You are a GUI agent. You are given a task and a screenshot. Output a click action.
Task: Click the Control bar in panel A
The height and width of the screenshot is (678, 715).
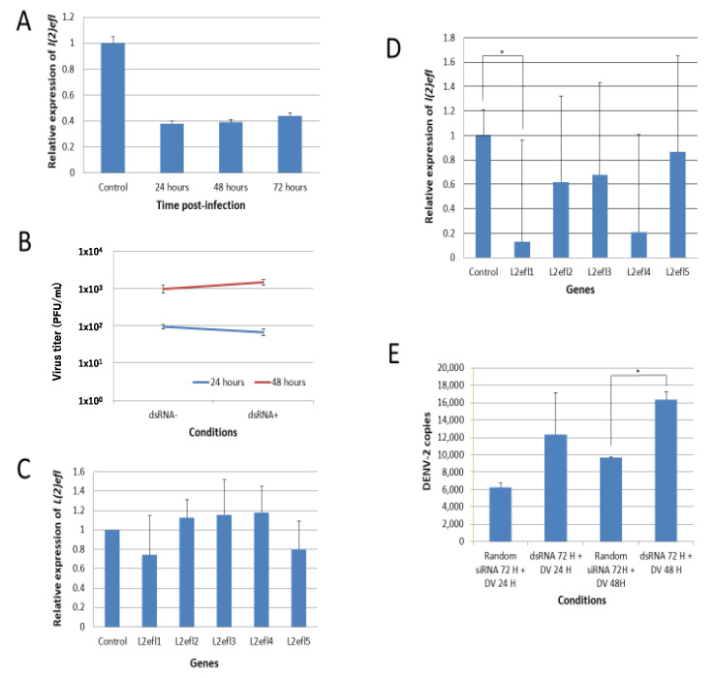(112, 108)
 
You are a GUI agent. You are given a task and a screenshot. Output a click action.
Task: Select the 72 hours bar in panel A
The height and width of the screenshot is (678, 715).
(290, 144)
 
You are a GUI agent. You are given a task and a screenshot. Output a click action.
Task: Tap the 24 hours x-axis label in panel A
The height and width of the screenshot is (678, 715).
(171, 187)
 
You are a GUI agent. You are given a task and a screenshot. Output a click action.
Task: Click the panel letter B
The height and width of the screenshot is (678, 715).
(24, 241)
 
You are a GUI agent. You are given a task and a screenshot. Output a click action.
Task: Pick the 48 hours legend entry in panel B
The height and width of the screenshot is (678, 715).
(280, 382)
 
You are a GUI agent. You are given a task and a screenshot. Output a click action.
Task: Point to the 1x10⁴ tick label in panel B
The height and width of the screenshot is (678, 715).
(90, 251)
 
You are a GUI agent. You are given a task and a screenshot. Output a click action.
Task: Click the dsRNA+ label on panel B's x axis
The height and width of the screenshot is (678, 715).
(264, 415)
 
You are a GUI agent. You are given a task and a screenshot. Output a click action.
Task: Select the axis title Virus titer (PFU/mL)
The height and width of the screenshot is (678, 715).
(56, 332)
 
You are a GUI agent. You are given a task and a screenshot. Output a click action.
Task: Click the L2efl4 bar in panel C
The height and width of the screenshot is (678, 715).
(262, 570)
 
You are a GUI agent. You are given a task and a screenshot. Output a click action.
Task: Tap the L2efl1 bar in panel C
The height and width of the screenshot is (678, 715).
(149, 591)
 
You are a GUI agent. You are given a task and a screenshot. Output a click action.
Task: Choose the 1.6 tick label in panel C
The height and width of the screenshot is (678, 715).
(78, 472)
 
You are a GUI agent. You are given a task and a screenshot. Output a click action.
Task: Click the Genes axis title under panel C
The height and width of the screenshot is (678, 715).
(204, 663)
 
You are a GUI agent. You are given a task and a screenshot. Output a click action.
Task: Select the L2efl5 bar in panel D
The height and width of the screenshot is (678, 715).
(677, 204)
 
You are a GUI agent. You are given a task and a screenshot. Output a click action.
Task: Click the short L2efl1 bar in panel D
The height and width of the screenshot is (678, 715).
(522, 249)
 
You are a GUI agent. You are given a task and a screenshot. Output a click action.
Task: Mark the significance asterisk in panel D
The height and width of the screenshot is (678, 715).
(502, 52)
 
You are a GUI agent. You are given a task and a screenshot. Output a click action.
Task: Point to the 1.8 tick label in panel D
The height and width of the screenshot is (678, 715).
(450, 38)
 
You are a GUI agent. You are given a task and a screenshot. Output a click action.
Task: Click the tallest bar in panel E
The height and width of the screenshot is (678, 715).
(666, 471)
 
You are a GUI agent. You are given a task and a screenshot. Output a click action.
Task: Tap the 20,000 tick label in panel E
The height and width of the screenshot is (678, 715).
(451, 367)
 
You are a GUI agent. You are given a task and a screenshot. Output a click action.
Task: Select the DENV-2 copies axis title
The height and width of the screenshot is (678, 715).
(427, 451)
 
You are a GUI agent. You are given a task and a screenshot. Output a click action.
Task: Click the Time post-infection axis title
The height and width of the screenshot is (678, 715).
(202, 205)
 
